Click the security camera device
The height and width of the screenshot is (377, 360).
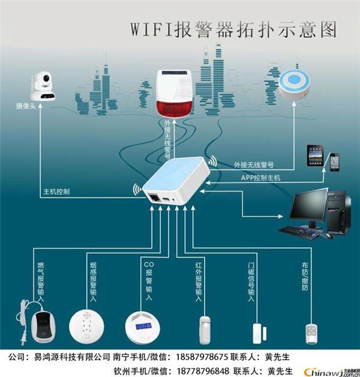point(43,86)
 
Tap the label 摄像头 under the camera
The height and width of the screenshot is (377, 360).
point(26,106)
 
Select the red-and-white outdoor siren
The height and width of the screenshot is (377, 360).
point(174,94)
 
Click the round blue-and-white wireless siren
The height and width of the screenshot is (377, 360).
point(295,85)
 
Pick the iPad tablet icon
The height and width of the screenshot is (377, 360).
point(315,155)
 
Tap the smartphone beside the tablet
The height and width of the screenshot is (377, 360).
point(335,162)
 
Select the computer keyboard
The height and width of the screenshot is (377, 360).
point(301,232)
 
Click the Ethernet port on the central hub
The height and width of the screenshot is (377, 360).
point(153,198)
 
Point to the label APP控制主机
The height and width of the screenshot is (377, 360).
point(260,178)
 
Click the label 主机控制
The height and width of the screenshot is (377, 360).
point(56,192)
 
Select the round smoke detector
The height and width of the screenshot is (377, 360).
point(86,326)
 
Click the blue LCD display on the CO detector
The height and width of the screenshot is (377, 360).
point(143,326)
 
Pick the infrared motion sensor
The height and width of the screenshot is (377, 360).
point(205,330)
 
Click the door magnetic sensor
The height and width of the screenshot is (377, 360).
point(260,334)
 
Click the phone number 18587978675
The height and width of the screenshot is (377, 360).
point(202,357)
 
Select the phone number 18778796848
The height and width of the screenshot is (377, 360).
point(203,371)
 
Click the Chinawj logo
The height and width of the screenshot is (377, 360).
point(332,372)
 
